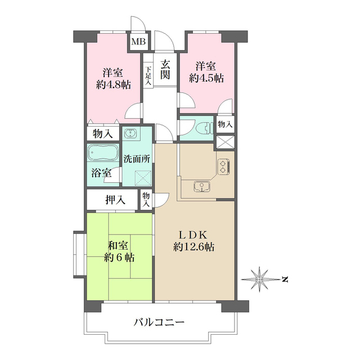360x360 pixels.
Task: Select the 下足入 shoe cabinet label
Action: click(148, 76)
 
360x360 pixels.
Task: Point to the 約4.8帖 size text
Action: click(112, 85)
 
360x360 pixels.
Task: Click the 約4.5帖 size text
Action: click(206, 78)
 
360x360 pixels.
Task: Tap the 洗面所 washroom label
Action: click(137, 159)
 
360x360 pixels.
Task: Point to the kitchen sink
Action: click(200, 187)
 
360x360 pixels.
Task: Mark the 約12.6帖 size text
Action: click(193, 247)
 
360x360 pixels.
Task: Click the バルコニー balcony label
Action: click(159, 323)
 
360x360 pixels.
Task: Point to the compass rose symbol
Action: click(260, 278)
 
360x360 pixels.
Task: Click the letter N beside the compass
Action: click(285, 278)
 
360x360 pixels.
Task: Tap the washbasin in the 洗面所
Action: click(129, 134)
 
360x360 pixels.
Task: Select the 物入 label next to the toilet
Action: click(225, 124)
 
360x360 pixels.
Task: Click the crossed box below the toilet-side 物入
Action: click(225, 142)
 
